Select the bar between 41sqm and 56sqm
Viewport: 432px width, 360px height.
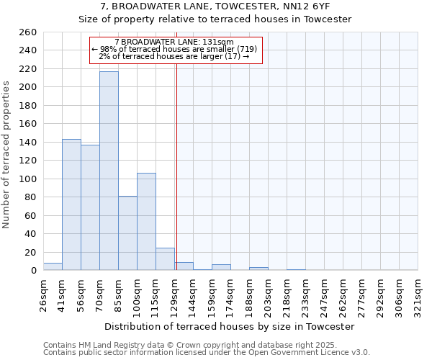pos(71,204)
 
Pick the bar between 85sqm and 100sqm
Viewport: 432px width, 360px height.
pos(127,233)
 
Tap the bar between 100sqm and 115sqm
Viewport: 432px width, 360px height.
pos(146,222)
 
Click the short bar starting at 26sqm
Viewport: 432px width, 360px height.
pos(53,266)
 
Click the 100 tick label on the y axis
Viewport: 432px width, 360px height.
pos(27,179)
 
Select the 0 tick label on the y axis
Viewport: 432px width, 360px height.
pos(33,271)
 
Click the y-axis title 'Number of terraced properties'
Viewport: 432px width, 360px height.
pos(7,154)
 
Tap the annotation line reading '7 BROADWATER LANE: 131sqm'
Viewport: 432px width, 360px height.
pos(174,42)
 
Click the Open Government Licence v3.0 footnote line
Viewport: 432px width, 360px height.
pos(207,353)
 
